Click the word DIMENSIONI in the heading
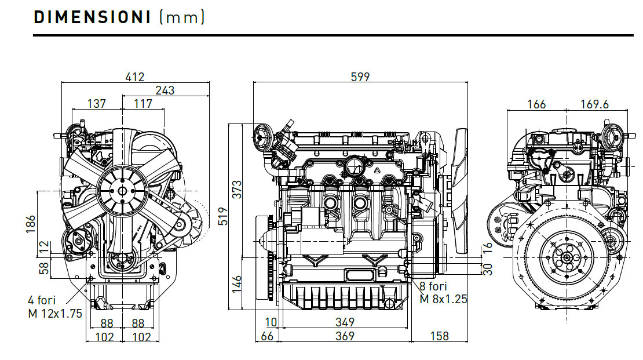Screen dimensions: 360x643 pyautogui.click(x=92, y=17)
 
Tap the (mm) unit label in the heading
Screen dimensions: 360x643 pyautogui.click(x=182, y=17)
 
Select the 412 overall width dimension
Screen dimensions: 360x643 pyautogui.click(x=135, y=77)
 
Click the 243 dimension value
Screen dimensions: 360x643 pyautogui.click(x=165, y=90)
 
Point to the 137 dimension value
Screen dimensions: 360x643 pyautogui.click(x=96, y=103)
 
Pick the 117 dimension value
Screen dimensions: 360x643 pyautogui.click(x=143, y=103)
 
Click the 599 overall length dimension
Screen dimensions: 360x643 pyautogui.click(x=360, y=77)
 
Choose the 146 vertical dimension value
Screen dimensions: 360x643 pyautogui.click(x=238, y=284)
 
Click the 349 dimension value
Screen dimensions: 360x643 pyautogui.click(x=345, y=322)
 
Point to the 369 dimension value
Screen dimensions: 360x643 pyautogui.click(x=345, y=336)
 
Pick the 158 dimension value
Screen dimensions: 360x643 pyautogui.click(x=439, y=336)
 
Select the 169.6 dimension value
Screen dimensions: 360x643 pyautogui.click(x=595, y=104)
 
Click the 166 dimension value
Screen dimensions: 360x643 pyautogui.click(x=536, y=104)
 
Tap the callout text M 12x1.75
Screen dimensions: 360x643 pyautogui.click(x=55, y=313)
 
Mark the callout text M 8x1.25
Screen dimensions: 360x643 pyautogui.click(x=443, y=299)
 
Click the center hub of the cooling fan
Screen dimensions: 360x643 pyautogui.click(x=122, y=189)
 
